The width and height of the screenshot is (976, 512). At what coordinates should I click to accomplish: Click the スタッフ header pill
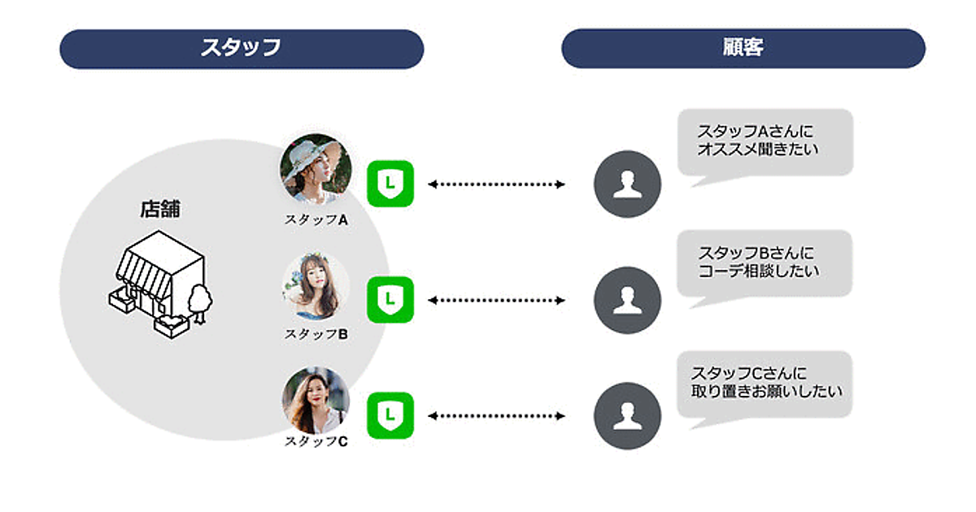click(x=242, y=49)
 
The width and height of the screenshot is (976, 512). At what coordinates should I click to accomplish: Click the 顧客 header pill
click(x=743, y=49)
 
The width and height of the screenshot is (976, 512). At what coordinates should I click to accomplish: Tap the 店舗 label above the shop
click(x=159, y=210)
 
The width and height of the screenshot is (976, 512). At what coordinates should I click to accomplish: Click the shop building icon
click(x=159, y=284)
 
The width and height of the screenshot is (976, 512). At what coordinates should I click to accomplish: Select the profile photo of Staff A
click(x=316, y=168)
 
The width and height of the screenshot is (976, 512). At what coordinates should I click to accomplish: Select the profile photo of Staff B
click(x=316, y=286)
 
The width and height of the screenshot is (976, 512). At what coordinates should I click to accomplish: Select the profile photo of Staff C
click(x=316, y=401)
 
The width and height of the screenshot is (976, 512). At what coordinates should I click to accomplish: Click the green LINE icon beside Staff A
click(x=391, y=184)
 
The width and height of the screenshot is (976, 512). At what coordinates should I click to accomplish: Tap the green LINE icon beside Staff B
click(x=391, y=300)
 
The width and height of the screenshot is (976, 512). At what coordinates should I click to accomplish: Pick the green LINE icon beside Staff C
click(x=391, y=415)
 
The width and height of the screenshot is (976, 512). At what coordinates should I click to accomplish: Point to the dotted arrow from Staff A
click(x=496, y=184)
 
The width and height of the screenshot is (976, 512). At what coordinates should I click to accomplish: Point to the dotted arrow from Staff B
click(x=496, y=301)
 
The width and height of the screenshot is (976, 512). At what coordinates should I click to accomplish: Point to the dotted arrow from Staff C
click(x=496, y=416)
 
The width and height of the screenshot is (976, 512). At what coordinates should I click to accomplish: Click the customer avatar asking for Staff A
click(x=627, y=184)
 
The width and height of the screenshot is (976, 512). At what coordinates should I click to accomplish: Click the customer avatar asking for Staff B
click(x=627, y=300)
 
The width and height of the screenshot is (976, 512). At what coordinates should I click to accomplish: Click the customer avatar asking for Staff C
click(x=627, y=416)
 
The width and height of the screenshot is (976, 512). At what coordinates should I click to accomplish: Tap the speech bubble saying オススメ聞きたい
click(x=765, y=141)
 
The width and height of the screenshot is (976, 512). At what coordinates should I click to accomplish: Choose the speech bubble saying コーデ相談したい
click(x=765, y=263)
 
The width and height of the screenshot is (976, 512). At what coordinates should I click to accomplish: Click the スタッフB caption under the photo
click(x=316, y=334)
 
